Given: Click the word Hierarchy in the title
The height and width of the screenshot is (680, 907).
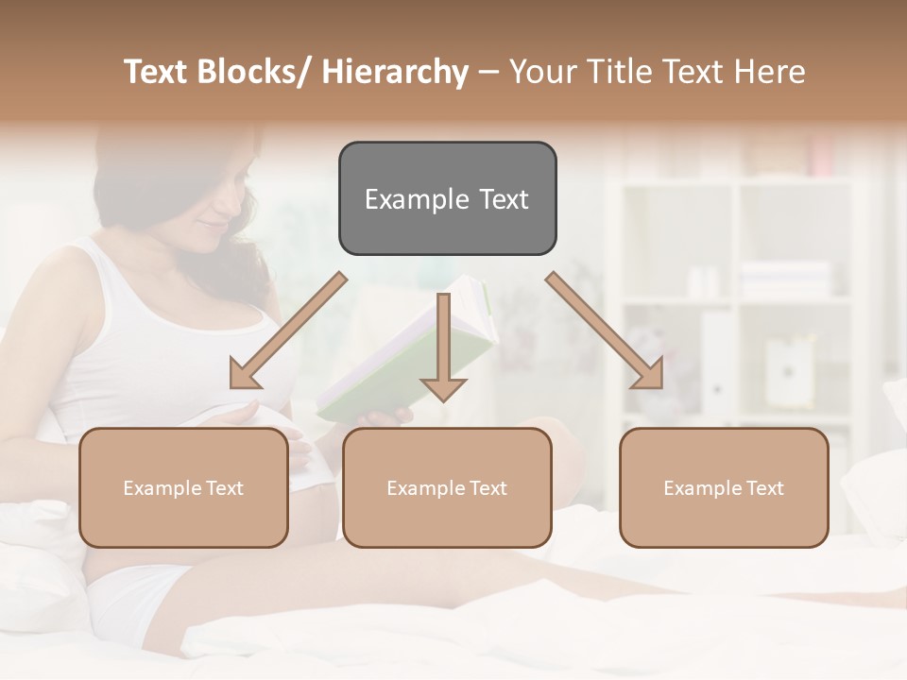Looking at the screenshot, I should (x=394, y=72).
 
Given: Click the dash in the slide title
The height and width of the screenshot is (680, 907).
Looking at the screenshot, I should (x=488, y=73).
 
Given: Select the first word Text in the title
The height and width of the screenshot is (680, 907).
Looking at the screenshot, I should (x=157, y=72).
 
